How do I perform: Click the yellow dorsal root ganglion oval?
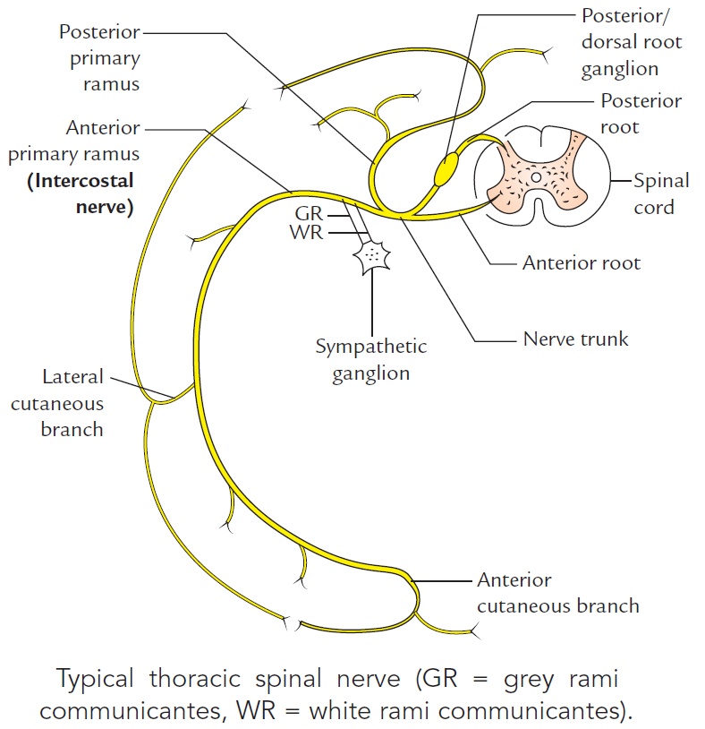pos(446,169)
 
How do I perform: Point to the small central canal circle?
pos(535,178)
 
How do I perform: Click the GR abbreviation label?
pos(309,216)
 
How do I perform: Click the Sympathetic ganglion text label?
pos(370,359)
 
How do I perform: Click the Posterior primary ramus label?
pos(99,57)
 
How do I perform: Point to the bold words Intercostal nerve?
pos(81,194)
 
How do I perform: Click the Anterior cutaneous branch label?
pos(557,593)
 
